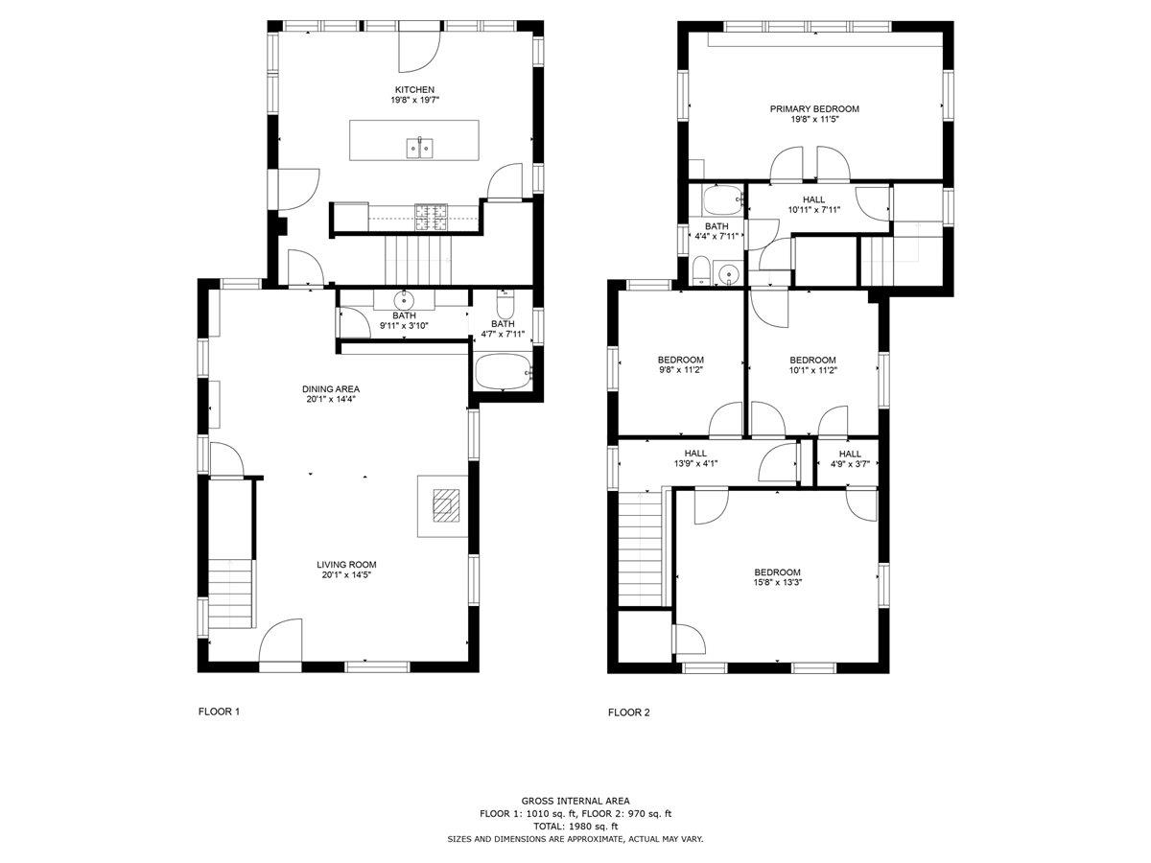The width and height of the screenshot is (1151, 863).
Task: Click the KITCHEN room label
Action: [414, 89]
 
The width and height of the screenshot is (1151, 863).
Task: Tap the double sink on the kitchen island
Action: [419, 149]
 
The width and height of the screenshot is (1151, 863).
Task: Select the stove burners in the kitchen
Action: [431, 217]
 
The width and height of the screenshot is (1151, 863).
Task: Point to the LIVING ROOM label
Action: [346, 565]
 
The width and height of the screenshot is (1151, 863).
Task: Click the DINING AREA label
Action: [330, 388]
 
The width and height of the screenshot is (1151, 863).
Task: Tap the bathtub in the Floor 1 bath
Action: [504, 371]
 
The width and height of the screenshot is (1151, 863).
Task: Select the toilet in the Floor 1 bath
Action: [505, 305]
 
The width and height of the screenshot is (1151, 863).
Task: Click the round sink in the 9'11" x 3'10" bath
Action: [404, 301]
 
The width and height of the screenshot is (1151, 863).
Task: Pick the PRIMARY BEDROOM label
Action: [813, 109]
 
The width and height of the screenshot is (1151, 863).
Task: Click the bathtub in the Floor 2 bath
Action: [722, 199]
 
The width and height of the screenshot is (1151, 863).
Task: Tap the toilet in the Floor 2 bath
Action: [700, 271]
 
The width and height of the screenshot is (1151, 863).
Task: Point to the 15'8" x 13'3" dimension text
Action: [777, 582]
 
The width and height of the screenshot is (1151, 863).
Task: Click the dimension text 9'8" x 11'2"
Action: [680, 370]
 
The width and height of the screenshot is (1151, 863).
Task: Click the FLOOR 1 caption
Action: [219, 711]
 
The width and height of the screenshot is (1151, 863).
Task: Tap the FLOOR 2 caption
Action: [628, 712]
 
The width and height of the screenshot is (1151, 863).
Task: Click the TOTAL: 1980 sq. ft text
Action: [575, 827]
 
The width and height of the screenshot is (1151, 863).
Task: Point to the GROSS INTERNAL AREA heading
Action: [575, 801]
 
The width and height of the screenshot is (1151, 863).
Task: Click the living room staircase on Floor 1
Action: [231, 594]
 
